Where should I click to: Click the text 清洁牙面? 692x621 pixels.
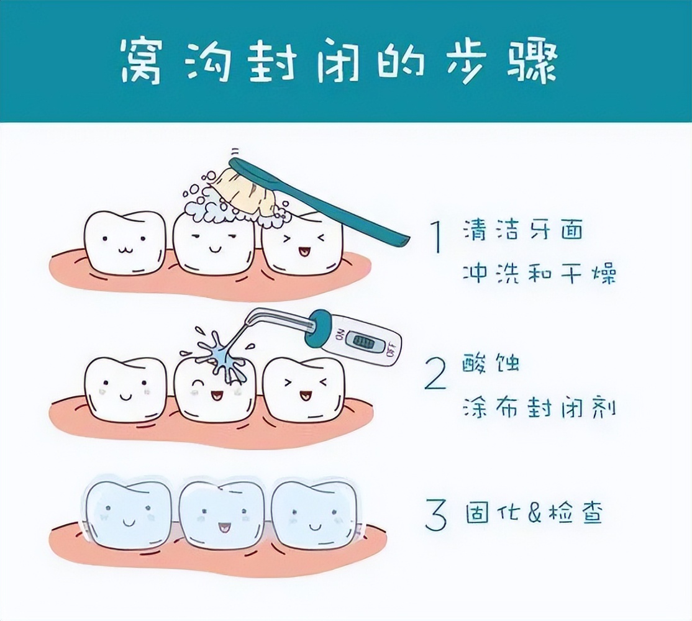point(523,232)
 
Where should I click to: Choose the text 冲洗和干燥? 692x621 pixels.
point(539,273)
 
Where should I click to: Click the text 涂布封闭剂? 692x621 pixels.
point(539,408)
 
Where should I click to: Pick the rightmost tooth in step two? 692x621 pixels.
point(303,388)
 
